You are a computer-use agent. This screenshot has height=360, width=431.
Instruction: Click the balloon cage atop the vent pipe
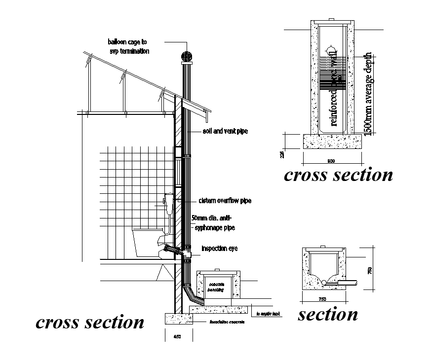click(187, 55)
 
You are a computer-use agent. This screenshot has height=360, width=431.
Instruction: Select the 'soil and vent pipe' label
click(225, 132)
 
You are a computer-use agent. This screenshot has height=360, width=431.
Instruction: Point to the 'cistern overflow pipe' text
click(225, 201)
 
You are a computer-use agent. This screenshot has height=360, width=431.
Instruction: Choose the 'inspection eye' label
click(219, 249)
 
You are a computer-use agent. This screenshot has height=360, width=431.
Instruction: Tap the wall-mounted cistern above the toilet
click(168, 205)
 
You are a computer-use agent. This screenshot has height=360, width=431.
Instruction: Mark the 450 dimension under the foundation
click(178, 337)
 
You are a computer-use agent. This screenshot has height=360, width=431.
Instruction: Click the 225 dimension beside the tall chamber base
click(282, 154)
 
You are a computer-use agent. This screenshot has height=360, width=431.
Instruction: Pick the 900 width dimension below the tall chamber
click(332, 161)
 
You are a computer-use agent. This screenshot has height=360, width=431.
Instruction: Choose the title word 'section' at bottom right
click(327, 314)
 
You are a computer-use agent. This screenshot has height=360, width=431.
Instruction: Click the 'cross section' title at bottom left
click(90, 322)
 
